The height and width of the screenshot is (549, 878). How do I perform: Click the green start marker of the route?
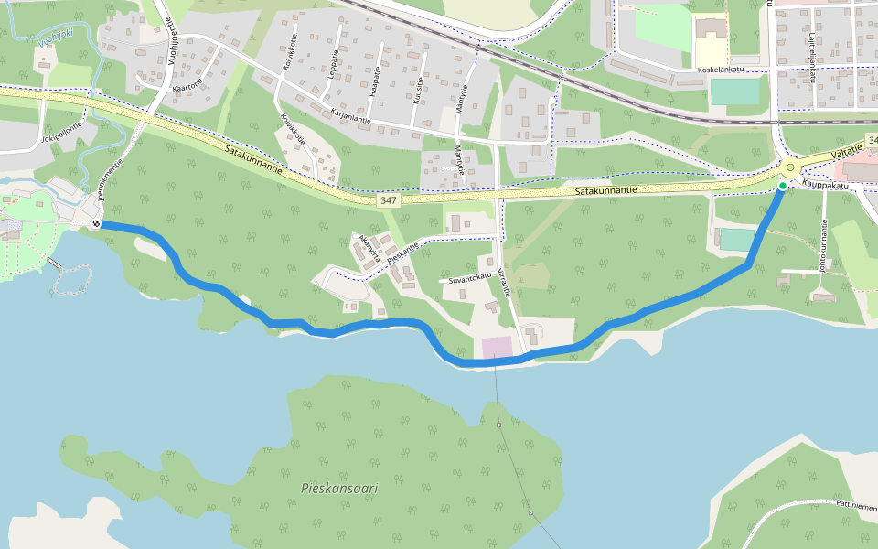coord(782,186)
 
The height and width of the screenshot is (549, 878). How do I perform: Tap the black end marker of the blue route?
coord(96,223)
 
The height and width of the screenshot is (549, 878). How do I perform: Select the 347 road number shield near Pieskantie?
coord(389,199)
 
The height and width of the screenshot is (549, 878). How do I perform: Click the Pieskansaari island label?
coord(339,489)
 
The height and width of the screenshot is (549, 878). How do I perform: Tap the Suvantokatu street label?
coord(470,275)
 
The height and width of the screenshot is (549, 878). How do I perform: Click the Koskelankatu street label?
coord(721,70)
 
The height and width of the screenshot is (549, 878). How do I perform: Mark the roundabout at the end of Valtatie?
coord(790,168)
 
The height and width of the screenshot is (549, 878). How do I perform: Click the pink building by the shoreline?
coord(498,348)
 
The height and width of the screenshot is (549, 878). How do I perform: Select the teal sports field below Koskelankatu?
coord(734,91)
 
